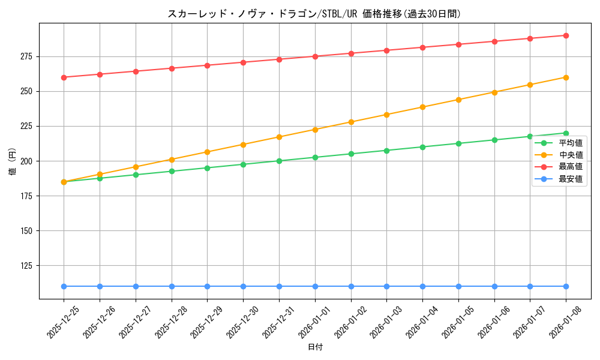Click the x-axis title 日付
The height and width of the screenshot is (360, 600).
[315, 347]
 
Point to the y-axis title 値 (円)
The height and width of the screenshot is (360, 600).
[13, 161]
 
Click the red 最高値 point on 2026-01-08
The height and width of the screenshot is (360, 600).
[566, 35]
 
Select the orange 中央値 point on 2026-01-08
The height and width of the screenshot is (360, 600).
[566, 77]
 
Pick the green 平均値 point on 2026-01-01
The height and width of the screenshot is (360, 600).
[315, 157]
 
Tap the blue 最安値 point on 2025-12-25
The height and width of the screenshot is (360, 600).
[64, 286]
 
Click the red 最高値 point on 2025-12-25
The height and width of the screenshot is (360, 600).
[64, 77]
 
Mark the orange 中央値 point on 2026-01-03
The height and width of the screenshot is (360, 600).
[386, 115]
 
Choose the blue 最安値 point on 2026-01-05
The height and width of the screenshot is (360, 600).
[458, 286]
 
